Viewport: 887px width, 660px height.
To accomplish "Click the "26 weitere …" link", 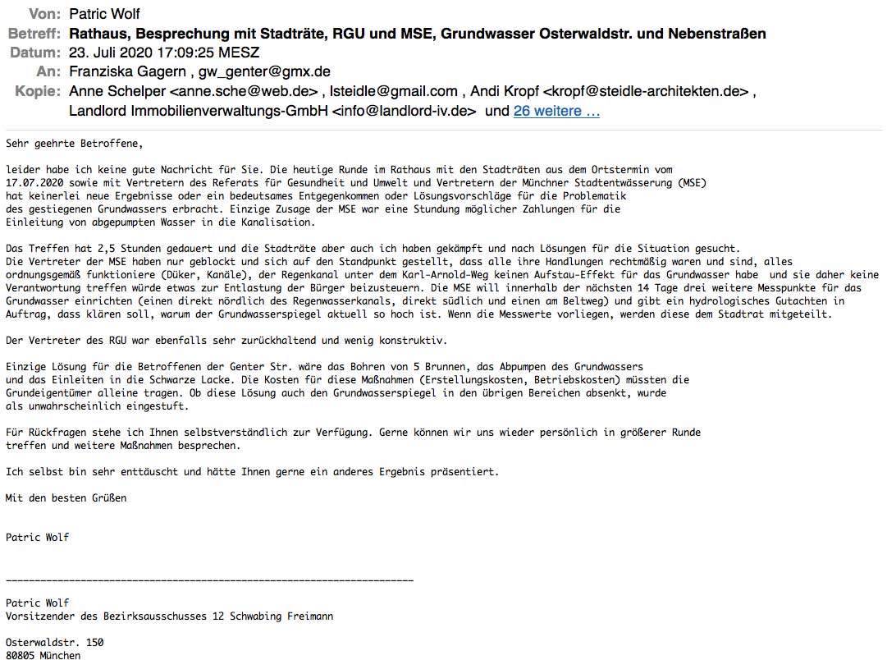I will [556, 112].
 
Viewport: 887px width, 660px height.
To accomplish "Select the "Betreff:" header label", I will [34, 34].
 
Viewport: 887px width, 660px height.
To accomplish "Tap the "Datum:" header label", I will [35, 53].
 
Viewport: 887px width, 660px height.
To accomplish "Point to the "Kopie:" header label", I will [38, 91].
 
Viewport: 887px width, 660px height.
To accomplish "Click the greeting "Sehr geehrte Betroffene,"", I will [74, 144].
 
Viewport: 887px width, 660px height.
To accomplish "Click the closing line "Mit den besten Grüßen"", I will [66, 497].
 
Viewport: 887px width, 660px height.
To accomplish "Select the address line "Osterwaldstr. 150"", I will [55, 642].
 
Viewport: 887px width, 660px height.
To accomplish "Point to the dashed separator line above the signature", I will [209, 580].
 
